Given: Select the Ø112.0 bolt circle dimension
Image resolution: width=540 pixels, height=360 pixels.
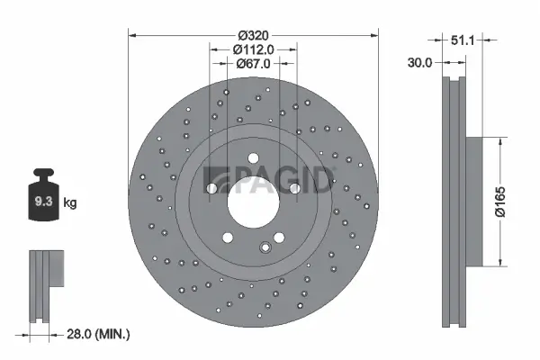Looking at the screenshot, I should pos(254,49).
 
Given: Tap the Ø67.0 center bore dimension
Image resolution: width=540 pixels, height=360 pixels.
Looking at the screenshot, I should pos(254,64).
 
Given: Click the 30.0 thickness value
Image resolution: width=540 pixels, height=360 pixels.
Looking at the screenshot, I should pos(419,63).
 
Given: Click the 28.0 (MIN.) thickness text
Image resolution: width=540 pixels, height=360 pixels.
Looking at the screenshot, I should pos(98,334).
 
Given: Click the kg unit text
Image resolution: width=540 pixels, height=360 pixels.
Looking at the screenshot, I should pos(70,203).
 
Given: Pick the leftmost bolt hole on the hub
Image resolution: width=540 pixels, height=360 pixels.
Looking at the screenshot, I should pos(211,189).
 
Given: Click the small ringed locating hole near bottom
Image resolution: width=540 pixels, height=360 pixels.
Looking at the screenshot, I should pos(265,248).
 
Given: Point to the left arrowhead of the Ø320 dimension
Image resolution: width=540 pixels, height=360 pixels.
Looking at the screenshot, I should pos(134,35).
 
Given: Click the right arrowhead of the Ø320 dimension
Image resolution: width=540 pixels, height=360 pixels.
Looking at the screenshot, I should pos(374,35).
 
